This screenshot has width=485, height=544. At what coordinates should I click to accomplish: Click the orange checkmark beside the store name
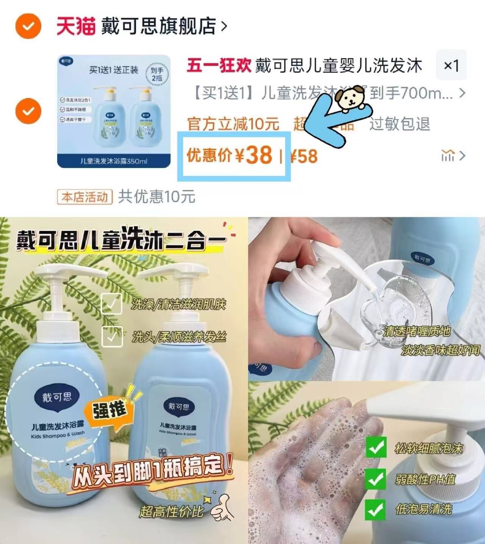[28, 26]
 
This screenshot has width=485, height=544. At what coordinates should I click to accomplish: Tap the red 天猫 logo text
[75, 26]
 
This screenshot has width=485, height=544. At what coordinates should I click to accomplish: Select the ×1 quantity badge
[451, 65]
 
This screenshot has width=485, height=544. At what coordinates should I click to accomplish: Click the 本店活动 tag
[85, 197]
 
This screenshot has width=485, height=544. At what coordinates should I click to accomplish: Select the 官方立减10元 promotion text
[233, 124]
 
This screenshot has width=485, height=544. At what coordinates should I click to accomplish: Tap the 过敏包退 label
[400, 124]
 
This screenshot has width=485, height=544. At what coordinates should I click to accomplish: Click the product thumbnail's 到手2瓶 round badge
[157, 74]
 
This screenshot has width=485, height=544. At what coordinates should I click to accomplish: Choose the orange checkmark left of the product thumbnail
[28, 111]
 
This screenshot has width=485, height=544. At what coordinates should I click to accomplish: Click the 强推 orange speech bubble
[110, 410]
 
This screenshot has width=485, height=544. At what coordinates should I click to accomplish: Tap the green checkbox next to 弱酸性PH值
[375, 479]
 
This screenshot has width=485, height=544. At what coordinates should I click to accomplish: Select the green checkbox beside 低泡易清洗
[375, 510]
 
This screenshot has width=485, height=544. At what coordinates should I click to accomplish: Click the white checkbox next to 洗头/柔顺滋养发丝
[112, 336]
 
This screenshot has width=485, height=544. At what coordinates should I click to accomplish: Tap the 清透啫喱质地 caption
[416, 332]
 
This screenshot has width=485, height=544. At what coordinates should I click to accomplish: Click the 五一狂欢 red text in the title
[219, 65]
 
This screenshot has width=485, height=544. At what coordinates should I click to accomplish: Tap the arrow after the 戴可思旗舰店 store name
[224, 26]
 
